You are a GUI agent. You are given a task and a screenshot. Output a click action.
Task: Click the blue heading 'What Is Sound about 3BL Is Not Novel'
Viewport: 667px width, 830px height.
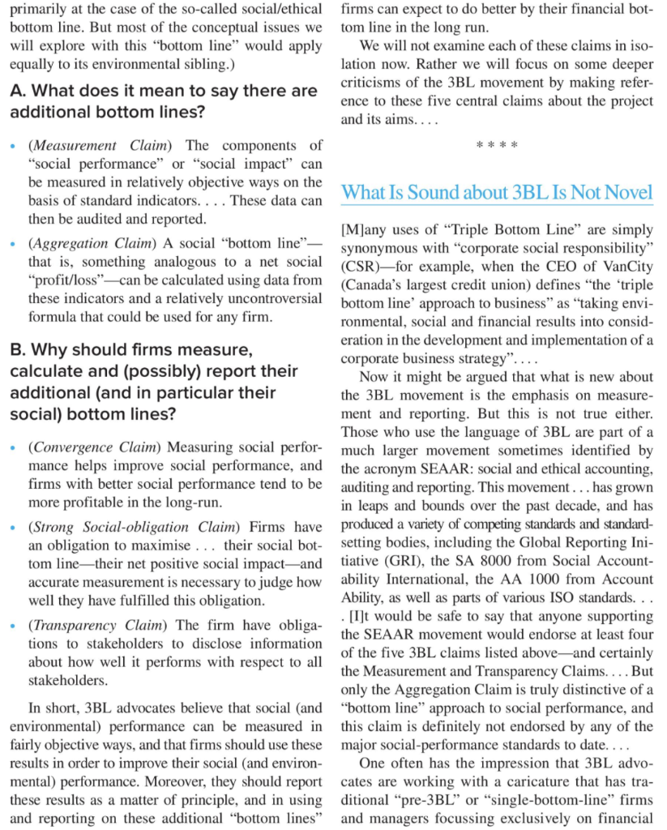tap(496, 193)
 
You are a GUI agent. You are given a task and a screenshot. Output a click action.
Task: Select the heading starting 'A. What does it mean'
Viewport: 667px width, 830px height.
tap(163, 101)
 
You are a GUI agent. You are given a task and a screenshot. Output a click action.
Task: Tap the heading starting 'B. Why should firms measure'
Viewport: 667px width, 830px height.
tap(153, 382)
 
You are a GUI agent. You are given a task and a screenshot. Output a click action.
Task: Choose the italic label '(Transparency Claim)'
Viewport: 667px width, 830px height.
tap(98, 625)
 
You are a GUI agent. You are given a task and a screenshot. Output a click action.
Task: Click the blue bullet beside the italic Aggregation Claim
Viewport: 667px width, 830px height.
tap(13, 243)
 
